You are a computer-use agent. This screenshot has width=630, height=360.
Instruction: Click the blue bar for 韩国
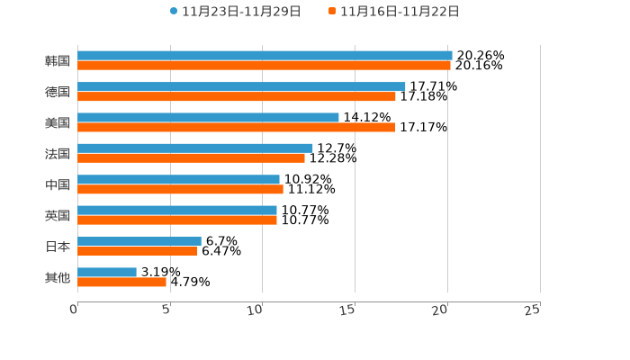point(265,56)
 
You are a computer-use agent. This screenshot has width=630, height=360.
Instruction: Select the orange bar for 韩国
point(264,66)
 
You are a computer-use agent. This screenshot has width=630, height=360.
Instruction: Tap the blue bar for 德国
point(241,86)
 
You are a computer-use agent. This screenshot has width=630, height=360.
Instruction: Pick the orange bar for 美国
point(237,127)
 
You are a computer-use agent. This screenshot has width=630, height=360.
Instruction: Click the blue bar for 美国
point(208,117)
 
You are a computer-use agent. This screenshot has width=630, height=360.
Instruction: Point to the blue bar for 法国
point(195,148)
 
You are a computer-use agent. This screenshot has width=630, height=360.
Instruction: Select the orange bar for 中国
point(180,189)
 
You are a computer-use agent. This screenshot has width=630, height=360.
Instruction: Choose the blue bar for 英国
point(177,210)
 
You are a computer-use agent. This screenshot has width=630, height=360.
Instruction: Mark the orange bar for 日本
point(138,251)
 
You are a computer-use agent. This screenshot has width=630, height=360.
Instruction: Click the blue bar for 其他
point(107,272)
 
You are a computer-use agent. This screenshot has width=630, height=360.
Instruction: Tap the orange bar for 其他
point(121,282)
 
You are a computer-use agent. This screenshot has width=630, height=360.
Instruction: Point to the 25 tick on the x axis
point(533,310)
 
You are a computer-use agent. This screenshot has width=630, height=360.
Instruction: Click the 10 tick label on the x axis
point(256,310)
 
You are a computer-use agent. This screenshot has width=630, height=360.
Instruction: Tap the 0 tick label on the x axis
point(74,310)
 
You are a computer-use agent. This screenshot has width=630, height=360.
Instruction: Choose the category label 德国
point(58,92)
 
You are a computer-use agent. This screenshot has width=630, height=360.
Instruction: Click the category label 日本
point(58,247)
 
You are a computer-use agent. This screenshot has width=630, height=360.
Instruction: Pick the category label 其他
point(58,277)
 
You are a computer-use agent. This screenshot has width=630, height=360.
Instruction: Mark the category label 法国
point(58,154)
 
